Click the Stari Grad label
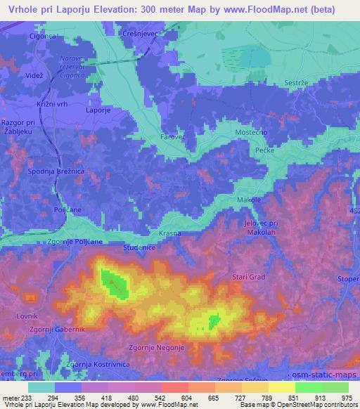click(249, 277)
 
